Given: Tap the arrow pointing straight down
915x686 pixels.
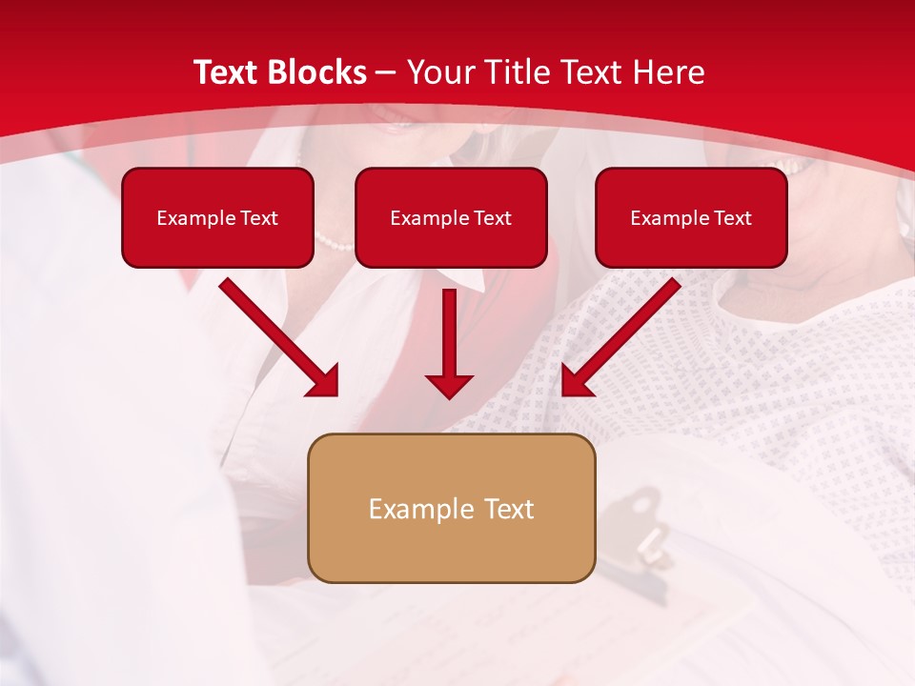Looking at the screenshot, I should (449, 343).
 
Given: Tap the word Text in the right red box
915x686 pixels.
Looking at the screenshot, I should (732, 218).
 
